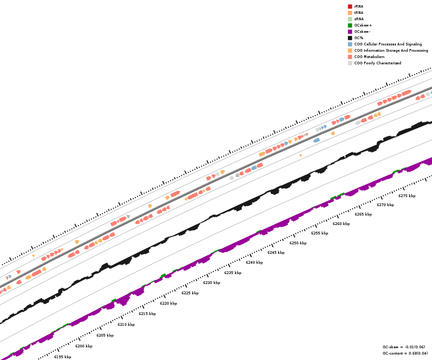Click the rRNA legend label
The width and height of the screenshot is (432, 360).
pos(359,6)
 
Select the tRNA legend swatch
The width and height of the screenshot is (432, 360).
pos(350,13)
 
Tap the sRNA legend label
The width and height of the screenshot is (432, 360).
pos(359,19)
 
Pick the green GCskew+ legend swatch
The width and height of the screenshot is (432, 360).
pos(350,25)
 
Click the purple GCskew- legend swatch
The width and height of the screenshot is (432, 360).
pos(350,31)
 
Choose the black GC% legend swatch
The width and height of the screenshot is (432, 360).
pos(350,38)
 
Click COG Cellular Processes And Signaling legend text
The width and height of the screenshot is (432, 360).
pos(388,44)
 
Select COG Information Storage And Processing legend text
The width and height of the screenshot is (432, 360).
pos(391,50)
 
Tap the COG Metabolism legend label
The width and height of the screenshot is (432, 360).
pos(369,57)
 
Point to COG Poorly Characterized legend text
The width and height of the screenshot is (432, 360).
pos(378,63)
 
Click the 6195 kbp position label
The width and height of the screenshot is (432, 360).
pos(63,357)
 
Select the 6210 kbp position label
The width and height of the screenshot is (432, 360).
pos(126,324)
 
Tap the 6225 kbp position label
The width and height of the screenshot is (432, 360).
pos(190,293)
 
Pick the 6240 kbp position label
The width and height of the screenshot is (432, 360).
pos(254,262)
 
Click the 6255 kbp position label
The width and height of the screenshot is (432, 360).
pos(319,233)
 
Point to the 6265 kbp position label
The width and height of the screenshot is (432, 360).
pos(363,214)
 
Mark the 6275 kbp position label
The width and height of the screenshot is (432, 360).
pos(407,196)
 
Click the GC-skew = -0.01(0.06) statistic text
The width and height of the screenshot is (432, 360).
pos(404,347)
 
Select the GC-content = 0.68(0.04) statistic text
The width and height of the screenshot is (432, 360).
pos(405,353)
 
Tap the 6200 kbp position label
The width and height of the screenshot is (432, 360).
pos(84,346)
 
